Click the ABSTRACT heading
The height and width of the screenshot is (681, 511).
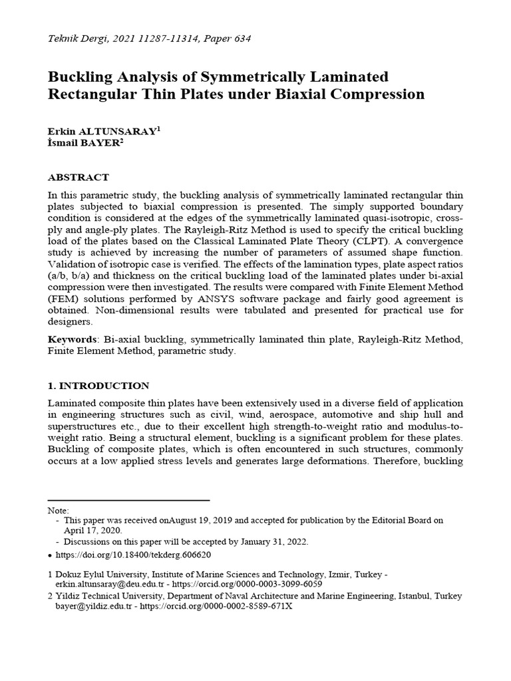[79, 178]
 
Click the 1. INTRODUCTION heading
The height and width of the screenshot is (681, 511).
[98, 386]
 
